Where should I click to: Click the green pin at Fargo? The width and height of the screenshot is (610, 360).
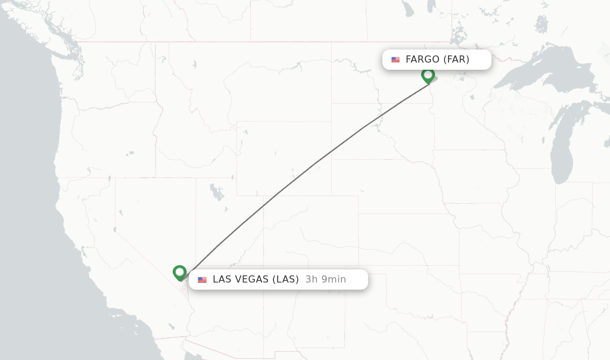point(428,75)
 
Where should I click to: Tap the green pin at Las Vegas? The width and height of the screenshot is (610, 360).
point(179,272)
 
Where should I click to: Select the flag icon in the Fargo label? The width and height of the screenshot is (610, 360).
point(396,60)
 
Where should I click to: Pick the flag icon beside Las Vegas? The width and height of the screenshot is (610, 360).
point(203,280)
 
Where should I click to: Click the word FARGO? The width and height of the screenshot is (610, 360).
point(422,60)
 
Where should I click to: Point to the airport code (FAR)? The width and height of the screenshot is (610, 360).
point(456,60)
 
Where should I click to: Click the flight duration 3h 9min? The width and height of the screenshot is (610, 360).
point(325,280)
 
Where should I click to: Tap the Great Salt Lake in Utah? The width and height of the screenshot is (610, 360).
point(216,192)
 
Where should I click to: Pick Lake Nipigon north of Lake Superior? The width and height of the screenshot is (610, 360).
point(541,24)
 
